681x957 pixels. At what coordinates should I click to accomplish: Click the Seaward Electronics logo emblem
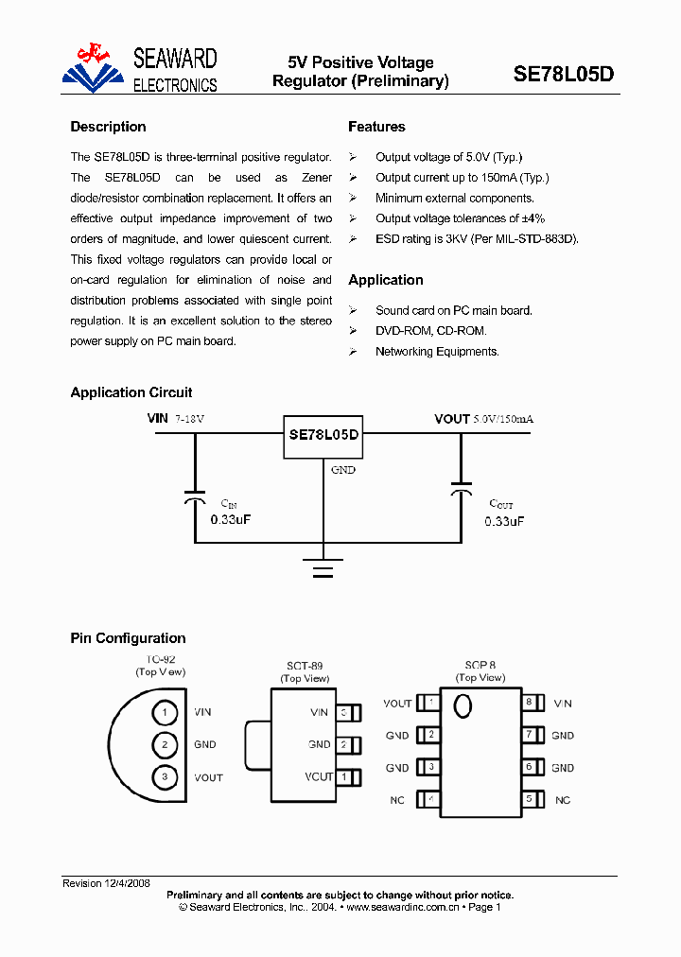click(94, 68)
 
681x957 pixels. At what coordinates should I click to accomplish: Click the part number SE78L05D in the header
click(563, 74)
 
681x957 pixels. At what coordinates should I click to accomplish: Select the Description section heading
click(108, 127)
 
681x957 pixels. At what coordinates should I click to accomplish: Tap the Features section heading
click(376, 127)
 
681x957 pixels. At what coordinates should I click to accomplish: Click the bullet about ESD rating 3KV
click(476, 239)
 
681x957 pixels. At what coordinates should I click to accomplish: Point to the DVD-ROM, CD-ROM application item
click(430, 331)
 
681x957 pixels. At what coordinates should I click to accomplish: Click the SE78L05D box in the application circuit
click(323, 435)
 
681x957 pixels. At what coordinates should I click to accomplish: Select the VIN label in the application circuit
click(157, 419)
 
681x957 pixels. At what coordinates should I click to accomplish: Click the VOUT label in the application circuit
click(452, 419)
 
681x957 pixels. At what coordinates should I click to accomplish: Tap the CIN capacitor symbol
click(195, 496)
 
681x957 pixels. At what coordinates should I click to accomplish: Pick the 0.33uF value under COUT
click(504, 521)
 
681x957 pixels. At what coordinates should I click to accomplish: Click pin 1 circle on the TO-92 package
click(165, 712)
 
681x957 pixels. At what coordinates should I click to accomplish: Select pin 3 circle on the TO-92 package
click(165, 777)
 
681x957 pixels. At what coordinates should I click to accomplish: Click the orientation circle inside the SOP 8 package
click(463, 706)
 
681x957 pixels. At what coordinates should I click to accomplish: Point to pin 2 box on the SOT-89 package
click(348, 744)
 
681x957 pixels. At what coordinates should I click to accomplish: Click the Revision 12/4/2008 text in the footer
click(106, 883)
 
